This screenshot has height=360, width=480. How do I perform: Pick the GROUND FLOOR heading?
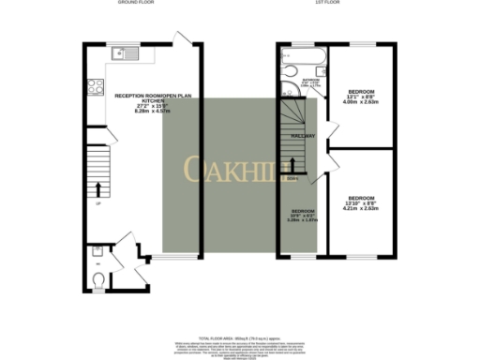pyautogui.click(x=137, y=4)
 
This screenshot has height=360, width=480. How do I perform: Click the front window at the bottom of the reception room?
pyautogui.click(x=168, y=256)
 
